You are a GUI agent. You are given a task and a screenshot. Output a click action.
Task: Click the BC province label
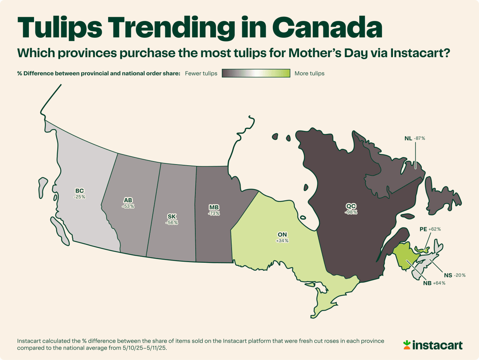(x=79, y=191)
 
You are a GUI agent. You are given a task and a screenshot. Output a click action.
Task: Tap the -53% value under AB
(x=128, y=206)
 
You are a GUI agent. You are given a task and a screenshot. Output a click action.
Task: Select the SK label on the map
(x=172, y=217)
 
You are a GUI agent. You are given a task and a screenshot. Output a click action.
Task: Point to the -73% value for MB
(x=214, y=213)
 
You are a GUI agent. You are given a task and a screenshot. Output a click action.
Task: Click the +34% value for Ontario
(x=282, y=241)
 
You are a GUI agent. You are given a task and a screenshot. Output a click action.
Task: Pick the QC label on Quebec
(x=351, y=206)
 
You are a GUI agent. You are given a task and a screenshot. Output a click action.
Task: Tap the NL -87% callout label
(x=415, y=138)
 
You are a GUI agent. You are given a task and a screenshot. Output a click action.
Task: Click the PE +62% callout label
(x=430, y=229)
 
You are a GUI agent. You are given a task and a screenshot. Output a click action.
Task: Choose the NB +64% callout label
(x=434, y=283)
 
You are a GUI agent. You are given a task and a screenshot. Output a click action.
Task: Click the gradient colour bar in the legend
(x=256, y=73)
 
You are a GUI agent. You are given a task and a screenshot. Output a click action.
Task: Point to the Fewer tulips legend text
(x=201, y=73)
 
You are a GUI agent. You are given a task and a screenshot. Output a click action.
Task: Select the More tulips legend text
(x=309, y=73)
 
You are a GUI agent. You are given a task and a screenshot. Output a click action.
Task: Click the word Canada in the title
(x=327, y=27)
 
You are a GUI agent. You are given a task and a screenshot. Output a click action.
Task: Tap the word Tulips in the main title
(x=60, y=27)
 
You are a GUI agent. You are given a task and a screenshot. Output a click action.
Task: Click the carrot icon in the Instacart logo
(x=407, y=345)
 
